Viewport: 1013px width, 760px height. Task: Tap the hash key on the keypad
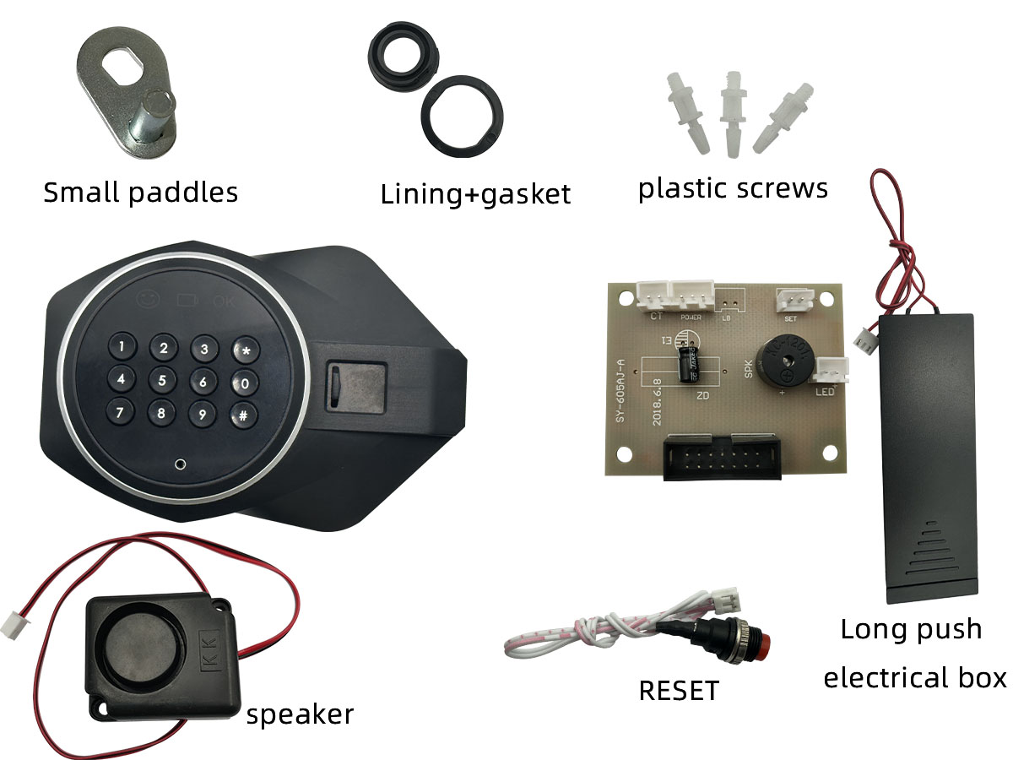(243, 415)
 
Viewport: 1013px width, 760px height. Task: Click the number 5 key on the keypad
(162, 381)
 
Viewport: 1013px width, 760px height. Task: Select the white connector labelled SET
(794, 300)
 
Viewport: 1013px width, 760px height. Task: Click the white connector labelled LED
(831, 370)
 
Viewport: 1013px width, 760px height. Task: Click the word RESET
(679, 691)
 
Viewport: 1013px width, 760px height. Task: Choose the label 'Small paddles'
(140, 193)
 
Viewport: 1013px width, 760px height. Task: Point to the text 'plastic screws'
(733, 187)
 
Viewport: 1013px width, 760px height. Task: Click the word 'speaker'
(300, 714)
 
